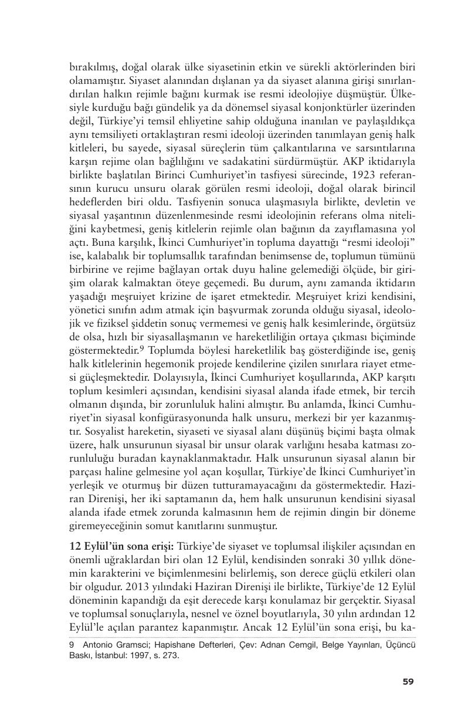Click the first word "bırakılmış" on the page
[x=94, y=67]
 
